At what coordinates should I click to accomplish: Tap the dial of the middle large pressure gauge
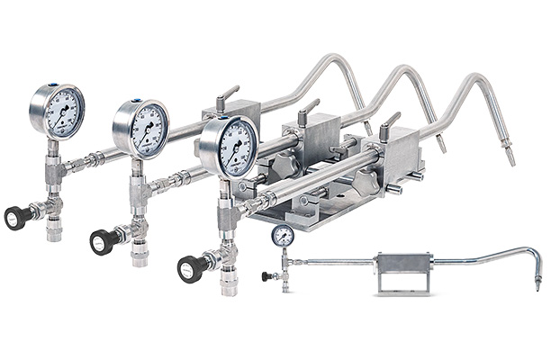tap(141, 129)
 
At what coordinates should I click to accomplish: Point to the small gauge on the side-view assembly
tap(282, 236)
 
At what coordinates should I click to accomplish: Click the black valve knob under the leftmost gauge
tap(15, 217)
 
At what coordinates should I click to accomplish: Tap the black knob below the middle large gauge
tap(101, 241)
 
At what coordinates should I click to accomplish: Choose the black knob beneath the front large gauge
tap(189, 269)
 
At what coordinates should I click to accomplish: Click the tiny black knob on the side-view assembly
tap(266, 276)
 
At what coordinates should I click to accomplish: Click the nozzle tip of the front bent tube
tap(510, 157)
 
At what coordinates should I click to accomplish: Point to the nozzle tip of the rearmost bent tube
tap(369, 127)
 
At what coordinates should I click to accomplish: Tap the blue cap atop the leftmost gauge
tap(51, 85)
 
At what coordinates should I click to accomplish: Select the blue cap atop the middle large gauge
tap(136, 102)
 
